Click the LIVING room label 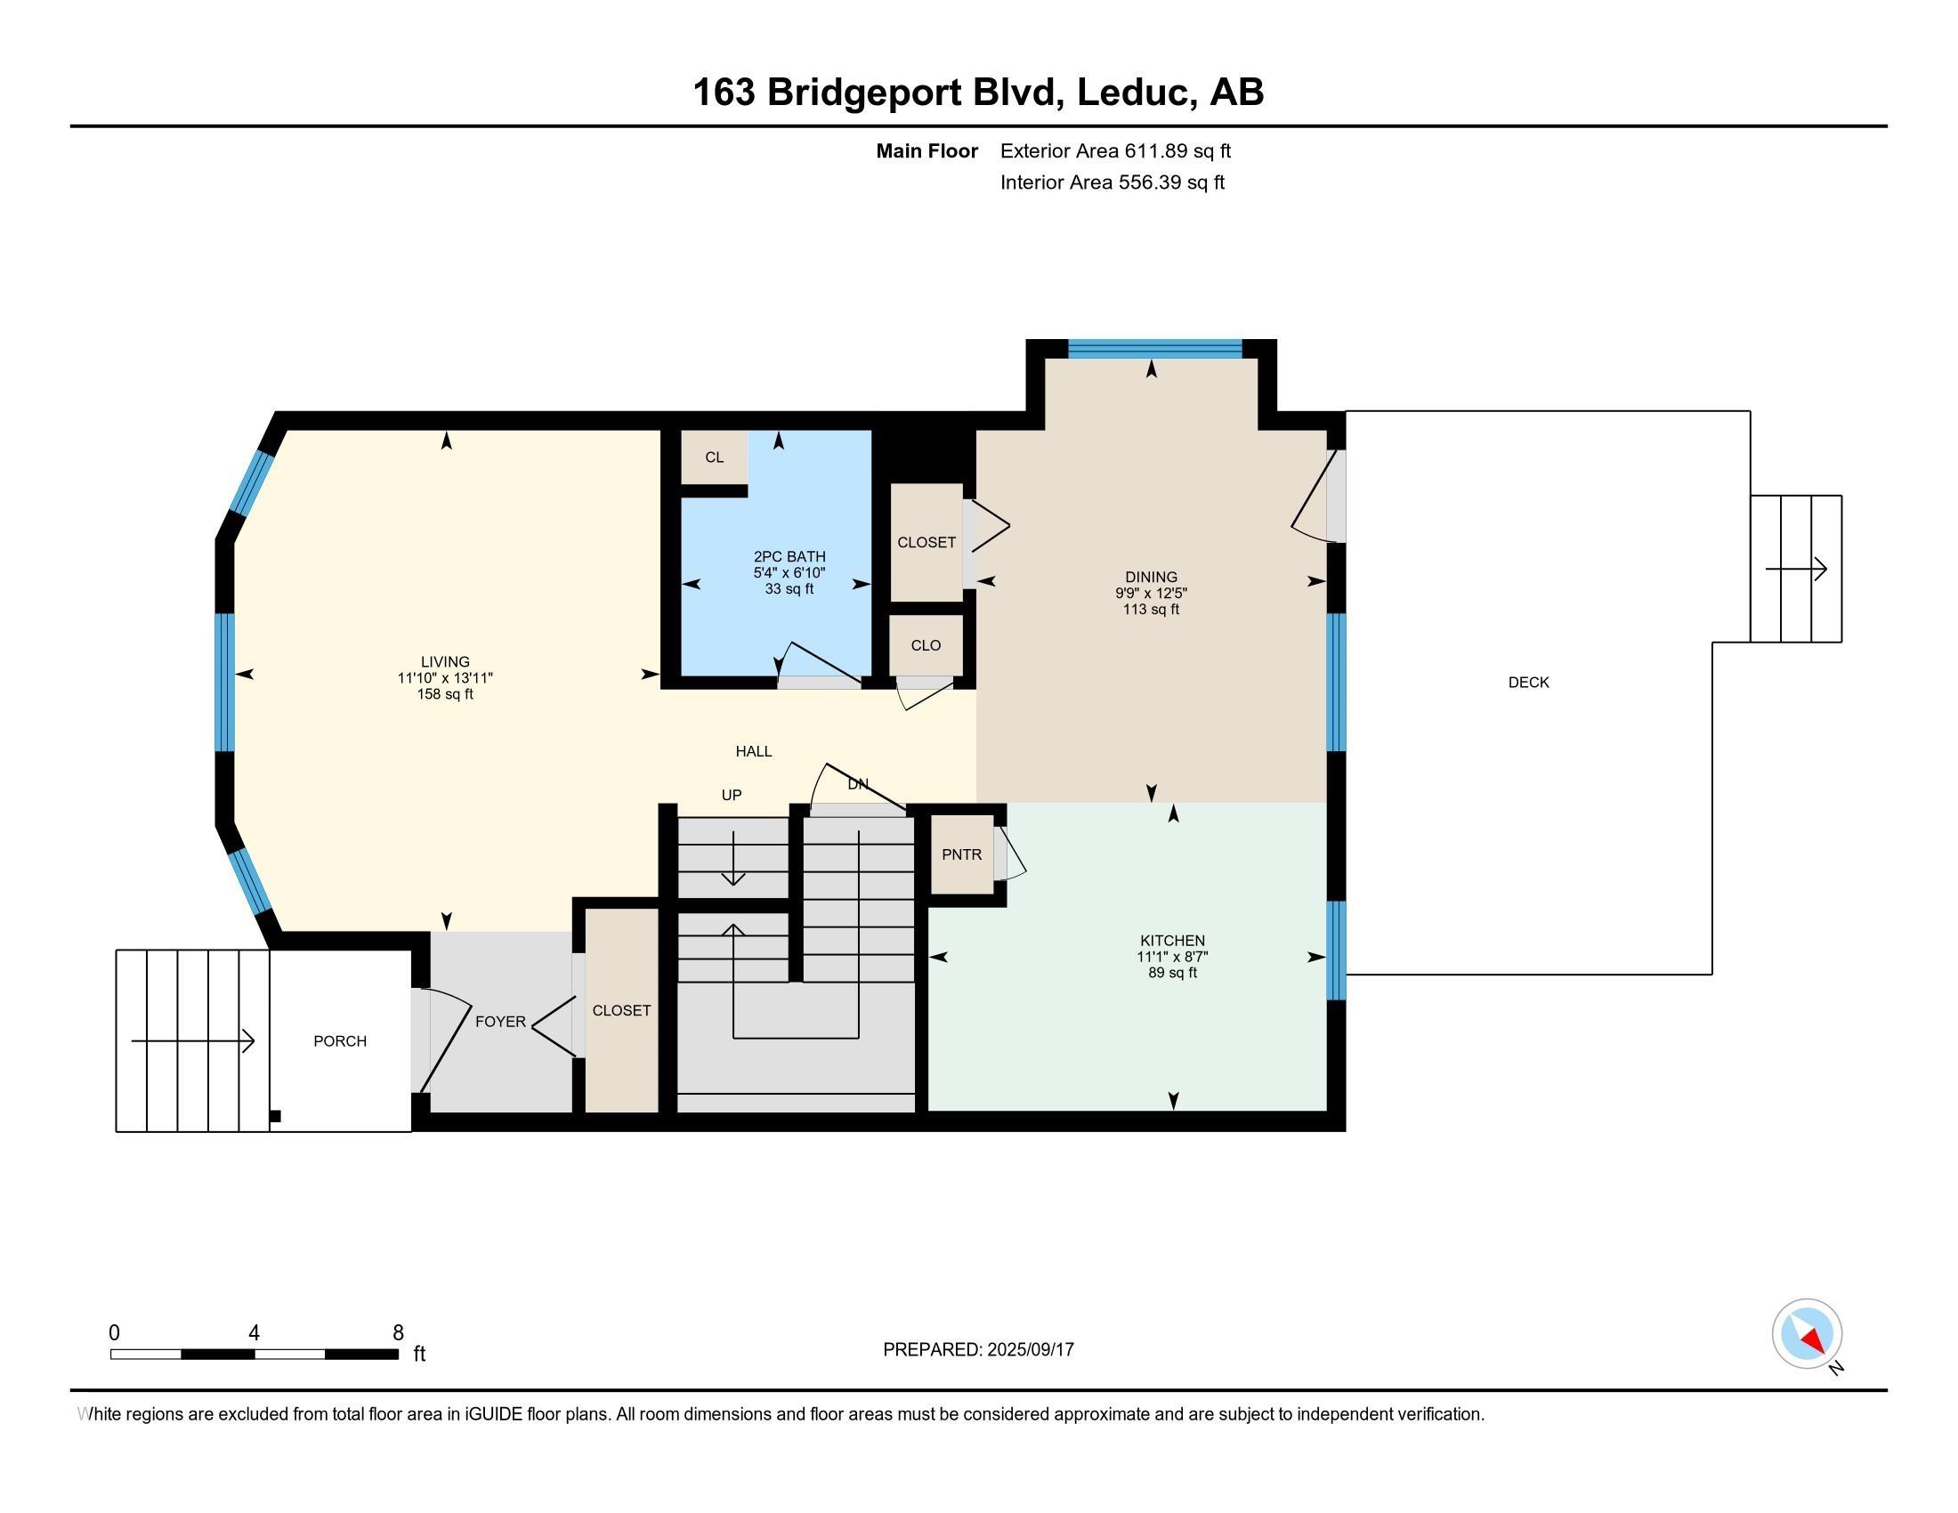(446, 662)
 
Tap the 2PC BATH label (789, 556)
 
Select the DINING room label (1151, 578)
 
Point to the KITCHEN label (1173, 940)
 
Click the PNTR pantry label (962, 854)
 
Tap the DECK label (1528, 682)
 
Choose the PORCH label (340, 1040)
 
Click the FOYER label (500, 1021)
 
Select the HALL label (754, 751)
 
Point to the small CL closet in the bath (714, 457)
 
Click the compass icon (1807, 1333)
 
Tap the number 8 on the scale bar (398, 1333)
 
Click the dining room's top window (1154, 349)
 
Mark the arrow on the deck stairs (1796, 569)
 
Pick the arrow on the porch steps (193, 1040)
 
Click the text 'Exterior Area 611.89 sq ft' (1115, 150)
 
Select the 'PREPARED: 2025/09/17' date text (978, 1349)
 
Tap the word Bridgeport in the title (863, 93)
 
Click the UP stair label (732, 795)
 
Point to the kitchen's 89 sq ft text (1173, 973)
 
